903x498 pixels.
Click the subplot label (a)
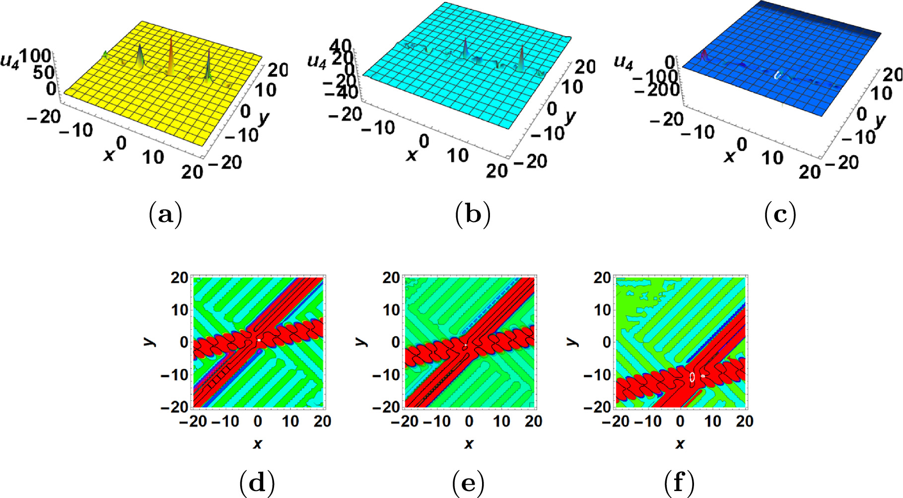(165, 214)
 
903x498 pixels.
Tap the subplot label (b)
(473, 214)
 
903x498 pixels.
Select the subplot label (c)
(780, 214)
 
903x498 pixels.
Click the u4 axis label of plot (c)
(624, 62)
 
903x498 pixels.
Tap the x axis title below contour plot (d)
(257, 443)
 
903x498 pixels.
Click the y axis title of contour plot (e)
(362, 341)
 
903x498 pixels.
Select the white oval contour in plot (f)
(692, 377)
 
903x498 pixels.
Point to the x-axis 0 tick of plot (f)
(680, 422)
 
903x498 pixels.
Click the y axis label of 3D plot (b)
(570, 117)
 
